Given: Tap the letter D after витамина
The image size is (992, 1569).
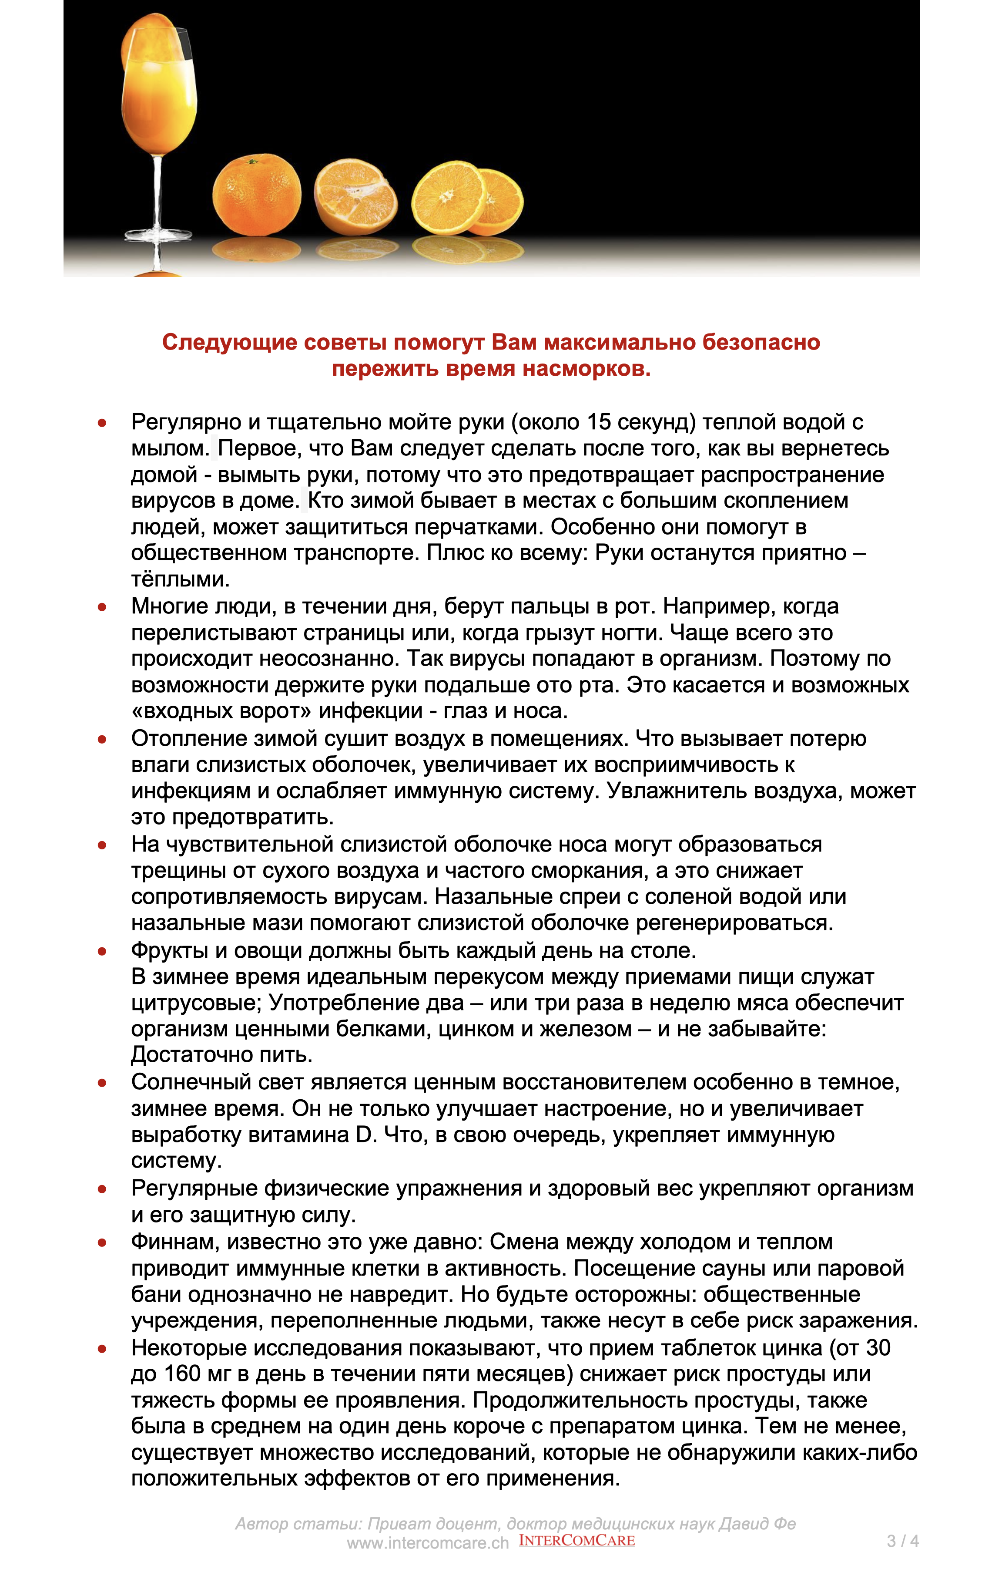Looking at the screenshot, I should click(364, 1135).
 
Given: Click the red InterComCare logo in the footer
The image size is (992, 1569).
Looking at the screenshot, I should click(576, 1540).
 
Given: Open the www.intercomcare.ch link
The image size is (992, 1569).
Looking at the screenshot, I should click(427, 1542).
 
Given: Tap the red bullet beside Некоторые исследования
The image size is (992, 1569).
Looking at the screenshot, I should click(102, 1348).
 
